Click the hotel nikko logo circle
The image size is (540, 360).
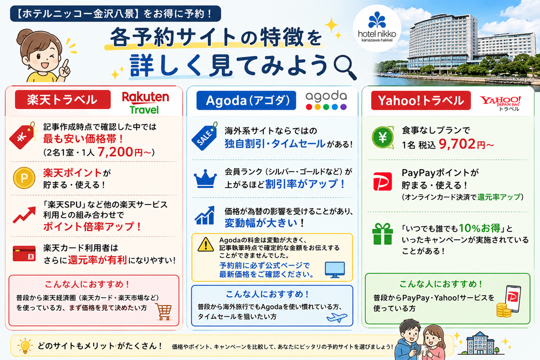coord(377,28)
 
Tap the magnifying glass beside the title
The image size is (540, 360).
coord(345,67)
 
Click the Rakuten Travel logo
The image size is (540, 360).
coord(146,103)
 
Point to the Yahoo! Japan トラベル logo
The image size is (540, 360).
coord(500,103)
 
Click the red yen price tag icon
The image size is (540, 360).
coord(22,135)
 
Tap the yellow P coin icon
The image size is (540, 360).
coord(24,178)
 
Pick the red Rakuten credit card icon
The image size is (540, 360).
coord(24,254)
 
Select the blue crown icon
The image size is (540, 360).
coord(205,179)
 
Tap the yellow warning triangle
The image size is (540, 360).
coord(206,245)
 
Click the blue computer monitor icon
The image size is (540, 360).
coord(335,270)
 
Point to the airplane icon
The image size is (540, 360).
coord(337,317)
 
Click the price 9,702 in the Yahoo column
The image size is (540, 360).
coord(457,144)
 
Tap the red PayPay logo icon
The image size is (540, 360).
coord(383,181)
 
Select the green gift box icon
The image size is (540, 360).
coord(383,234)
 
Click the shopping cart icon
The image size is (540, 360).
coord(163,312)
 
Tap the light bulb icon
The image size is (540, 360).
coord(25,346)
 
